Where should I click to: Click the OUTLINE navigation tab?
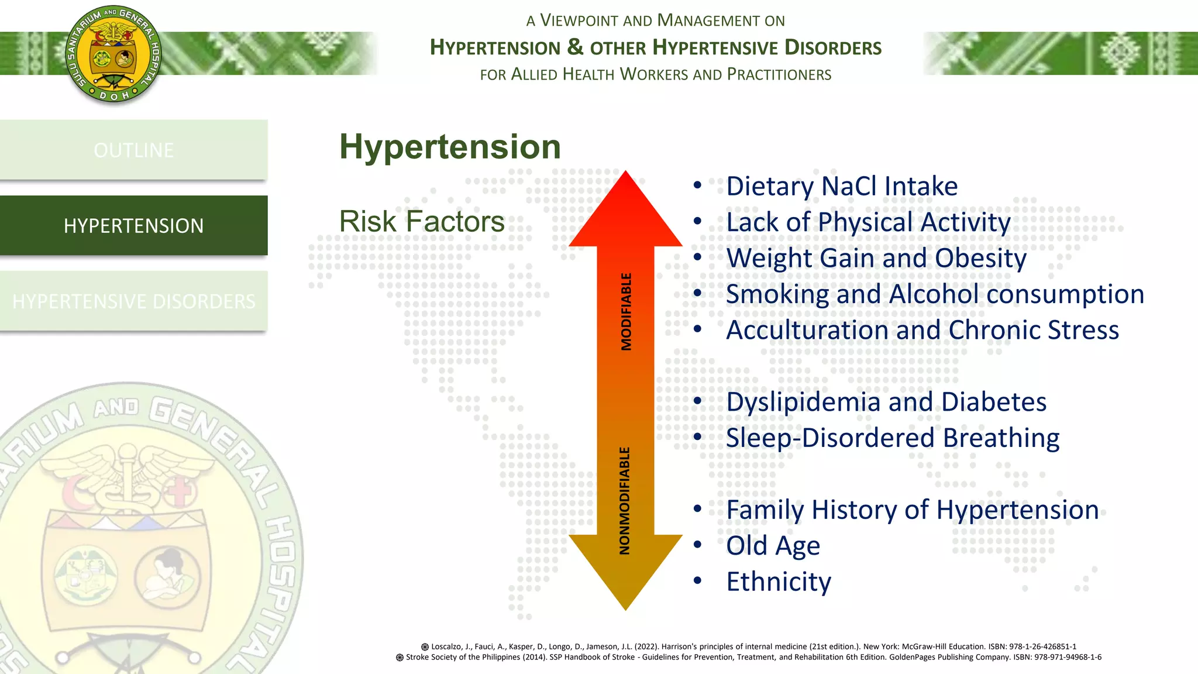click(x=133, y=150)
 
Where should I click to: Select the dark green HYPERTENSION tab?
click(x=133, y=226)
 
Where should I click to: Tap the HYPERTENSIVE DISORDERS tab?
click(x=133, y=301)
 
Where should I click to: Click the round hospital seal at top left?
click(x=113, y=55)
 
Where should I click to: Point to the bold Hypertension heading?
click(x=450, y=146)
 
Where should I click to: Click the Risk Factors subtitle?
click(x=422, y=221)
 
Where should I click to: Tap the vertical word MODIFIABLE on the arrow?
click(x=626, y=311)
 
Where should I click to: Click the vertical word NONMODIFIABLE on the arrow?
click(x=625, y=501)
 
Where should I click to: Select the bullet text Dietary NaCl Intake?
click(x=842, y=186)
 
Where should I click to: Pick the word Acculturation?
click(x=807, y=330)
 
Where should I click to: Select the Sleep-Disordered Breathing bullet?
click(x=893, y=438)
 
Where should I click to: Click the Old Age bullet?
click(x=773, y=545)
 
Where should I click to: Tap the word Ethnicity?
click(x=779, y=582)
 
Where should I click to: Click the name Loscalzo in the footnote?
click(x=447, y=647)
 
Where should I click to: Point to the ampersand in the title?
click(x=575, y=46)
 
